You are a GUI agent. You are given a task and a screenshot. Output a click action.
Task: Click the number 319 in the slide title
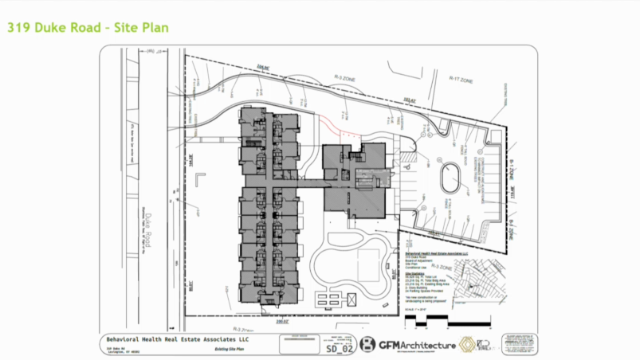click(18, 28)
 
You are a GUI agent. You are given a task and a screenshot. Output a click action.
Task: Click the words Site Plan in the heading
click(139, 28)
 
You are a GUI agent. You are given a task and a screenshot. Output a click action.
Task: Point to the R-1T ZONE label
click(461, 79)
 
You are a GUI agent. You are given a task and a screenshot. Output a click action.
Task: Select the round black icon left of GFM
click(368, 345)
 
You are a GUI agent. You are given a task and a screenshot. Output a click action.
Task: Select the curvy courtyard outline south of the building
click(351, 259)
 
